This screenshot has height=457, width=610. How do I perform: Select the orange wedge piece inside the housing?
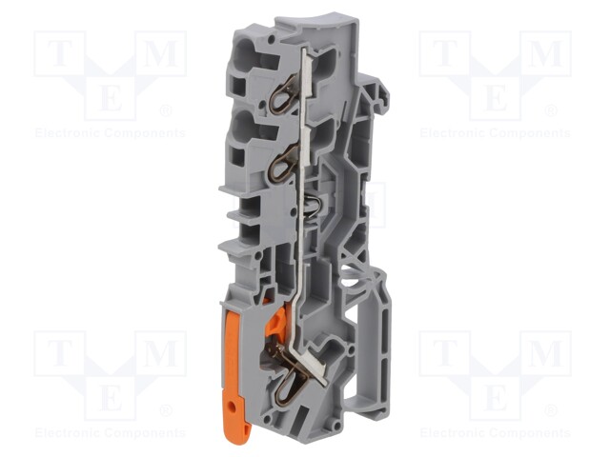276,325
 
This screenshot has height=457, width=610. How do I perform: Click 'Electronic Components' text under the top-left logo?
110,133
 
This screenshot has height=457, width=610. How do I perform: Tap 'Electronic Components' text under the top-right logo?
495,133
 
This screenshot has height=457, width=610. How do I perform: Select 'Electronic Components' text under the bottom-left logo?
110,433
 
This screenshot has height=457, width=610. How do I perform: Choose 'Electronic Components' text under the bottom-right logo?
495,433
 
